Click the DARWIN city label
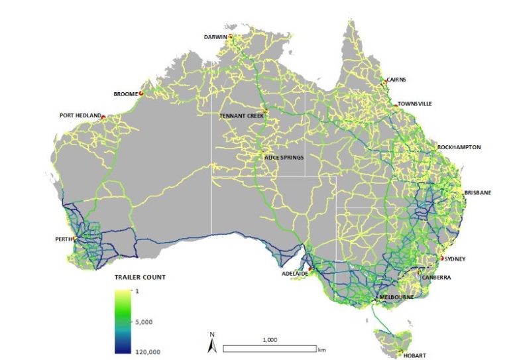click(215, 36)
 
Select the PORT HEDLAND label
click(80, 115)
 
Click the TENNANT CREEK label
click(241, 115)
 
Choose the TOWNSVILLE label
click(416, 104)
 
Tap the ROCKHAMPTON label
click(459, 147)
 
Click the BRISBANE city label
click(477, 192)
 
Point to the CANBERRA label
click(436, 277)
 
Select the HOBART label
click(415, 355)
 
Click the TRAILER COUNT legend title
click(140, 277)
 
